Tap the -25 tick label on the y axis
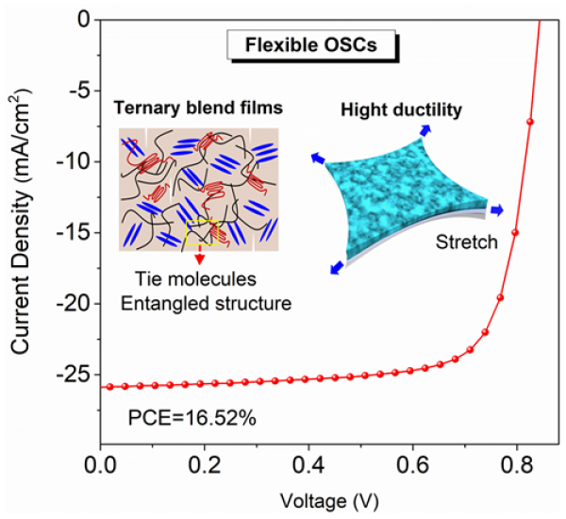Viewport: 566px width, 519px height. tap(73, 376)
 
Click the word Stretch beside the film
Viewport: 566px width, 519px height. tap(467, 242)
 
